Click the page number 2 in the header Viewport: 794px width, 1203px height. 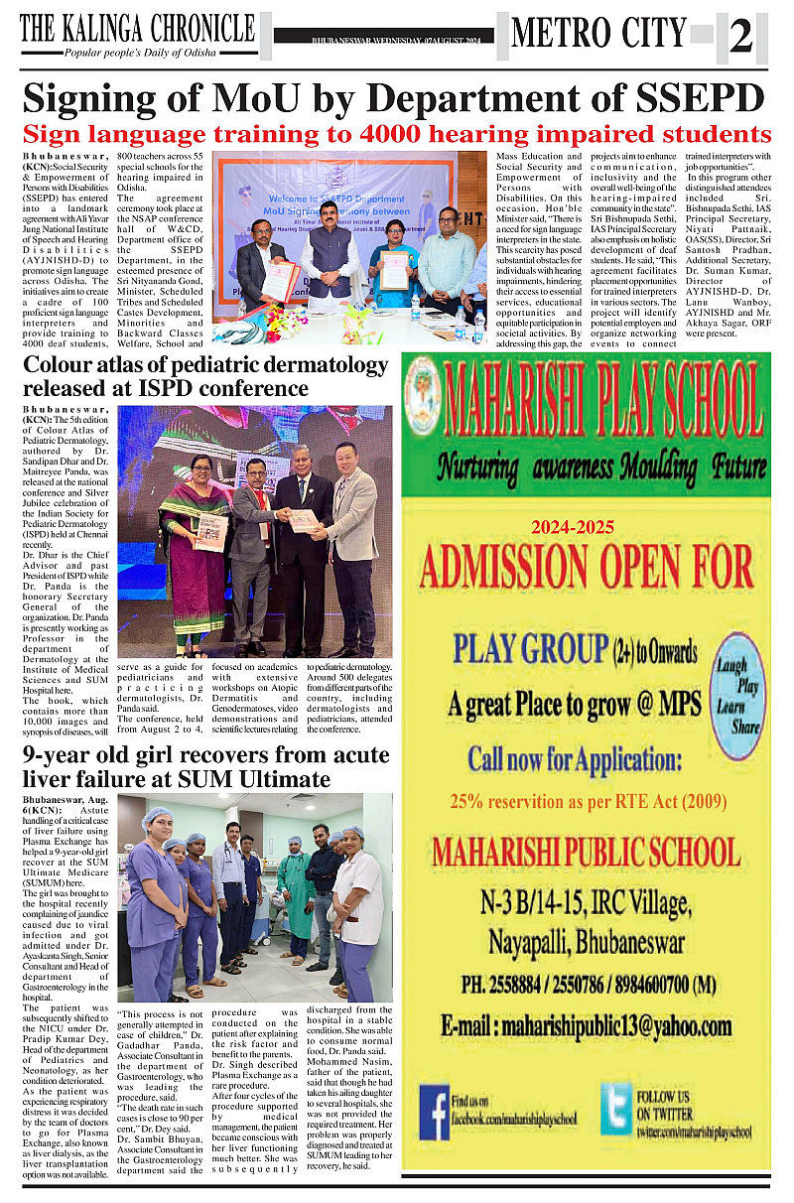click(741, 38)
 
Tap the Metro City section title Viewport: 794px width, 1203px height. click(598, 33)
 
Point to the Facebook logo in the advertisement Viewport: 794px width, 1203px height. click(433, 1111)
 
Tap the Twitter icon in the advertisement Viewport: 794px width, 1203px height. click(615, 1108)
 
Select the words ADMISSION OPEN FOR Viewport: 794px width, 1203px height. click(587, 569)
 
